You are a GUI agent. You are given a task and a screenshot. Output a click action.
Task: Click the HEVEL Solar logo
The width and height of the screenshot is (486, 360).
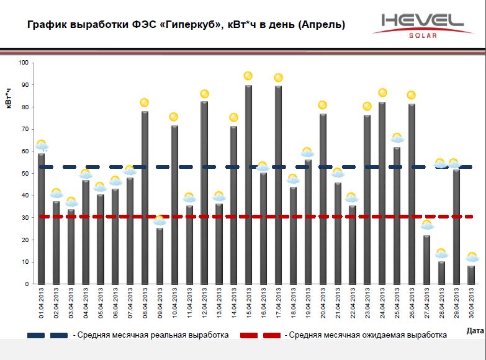[422, 25]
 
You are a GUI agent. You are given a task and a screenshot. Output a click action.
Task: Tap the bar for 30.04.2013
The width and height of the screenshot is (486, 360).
[471, 274]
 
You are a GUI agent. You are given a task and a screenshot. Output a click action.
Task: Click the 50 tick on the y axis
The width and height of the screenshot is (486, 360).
[25, 173]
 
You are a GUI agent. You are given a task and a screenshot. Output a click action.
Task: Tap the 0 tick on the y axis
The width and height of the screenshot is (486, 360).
[27, 284]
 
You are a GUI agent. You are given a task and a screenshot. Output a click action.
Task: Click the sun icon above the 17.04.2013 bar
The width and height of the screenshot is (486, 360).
[279, 78]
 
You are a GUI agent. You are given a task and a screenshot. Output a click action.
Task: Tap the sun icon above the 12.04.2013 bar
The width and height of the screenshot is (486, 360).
[204, 94]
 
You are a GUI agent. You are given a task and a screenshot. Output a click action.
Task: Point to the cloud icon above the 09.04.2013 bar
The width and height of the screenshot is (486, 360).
[160, 220]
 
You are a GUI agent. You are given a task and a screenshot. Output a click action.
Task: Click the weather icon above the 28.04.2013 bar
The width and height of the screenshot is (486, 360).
[441, 253]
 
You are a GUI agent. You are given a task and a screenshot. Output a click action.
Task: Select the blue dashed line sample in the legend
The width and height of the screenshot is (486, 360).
[48, 335]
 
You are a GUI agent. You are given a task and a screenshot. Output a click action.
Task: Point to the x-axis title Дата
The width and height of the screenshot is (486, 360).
[475, 331]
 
